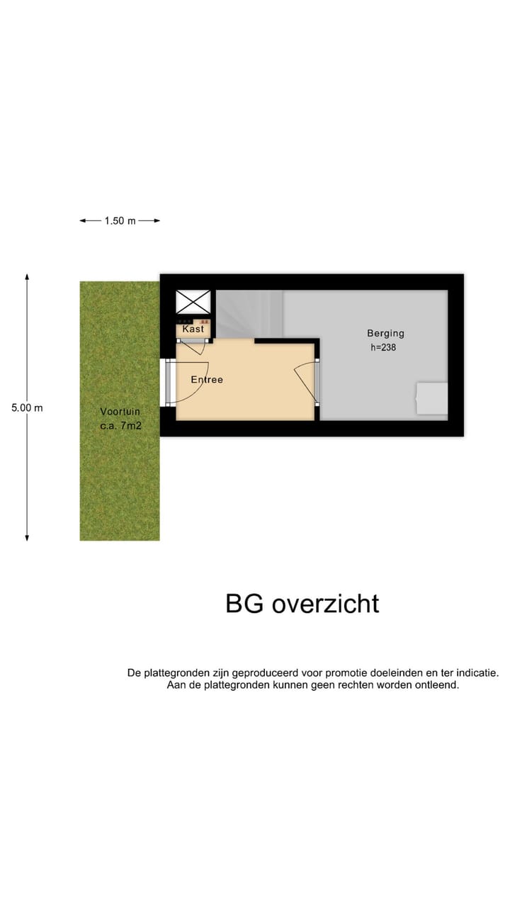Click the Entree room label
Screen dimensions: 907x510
pyautogui.click(x=207, y=380)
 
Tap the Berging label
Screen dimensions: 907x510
pyautogui.click(x=385, y=333)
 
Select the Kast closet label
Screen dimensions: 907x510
pyautogui.click(x=193, y=329)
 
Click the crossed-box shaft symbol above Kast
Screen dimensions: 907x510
pyautogui.click(x=193, y=301)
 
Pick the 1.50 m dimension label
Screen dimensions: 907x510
pyautogui.click(x=120, y=221)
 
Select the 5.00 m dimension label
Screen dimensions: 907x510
pyautogui.click(x=27, y=408)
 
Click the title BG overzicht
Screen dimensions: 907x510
pyautogui.click(x=302, y=604)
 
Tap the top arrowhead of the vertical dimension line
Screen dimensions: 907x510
pyautogui.click(x=27, y=277)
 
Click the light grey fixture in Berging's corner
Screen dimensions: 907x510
pyautogui.click(x=431, y=398)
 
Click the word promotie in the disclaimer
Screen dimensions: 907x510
pyautogui.click(x=325, y=673)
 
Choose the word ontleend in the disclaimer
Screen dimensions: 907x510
pyautogui.click(x=436, y=686)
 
